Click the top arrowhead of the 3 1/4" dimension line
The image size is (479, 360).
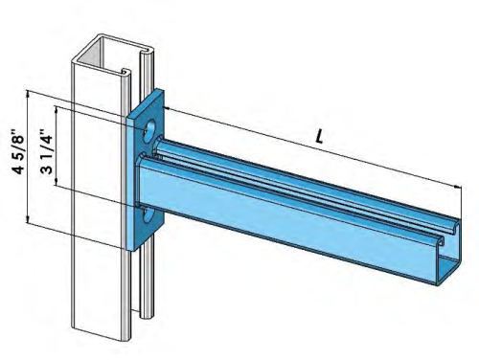click(x=59, y=109)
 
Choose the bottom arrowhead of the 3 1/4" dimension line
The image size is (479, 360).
click(x=59, y=188)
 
